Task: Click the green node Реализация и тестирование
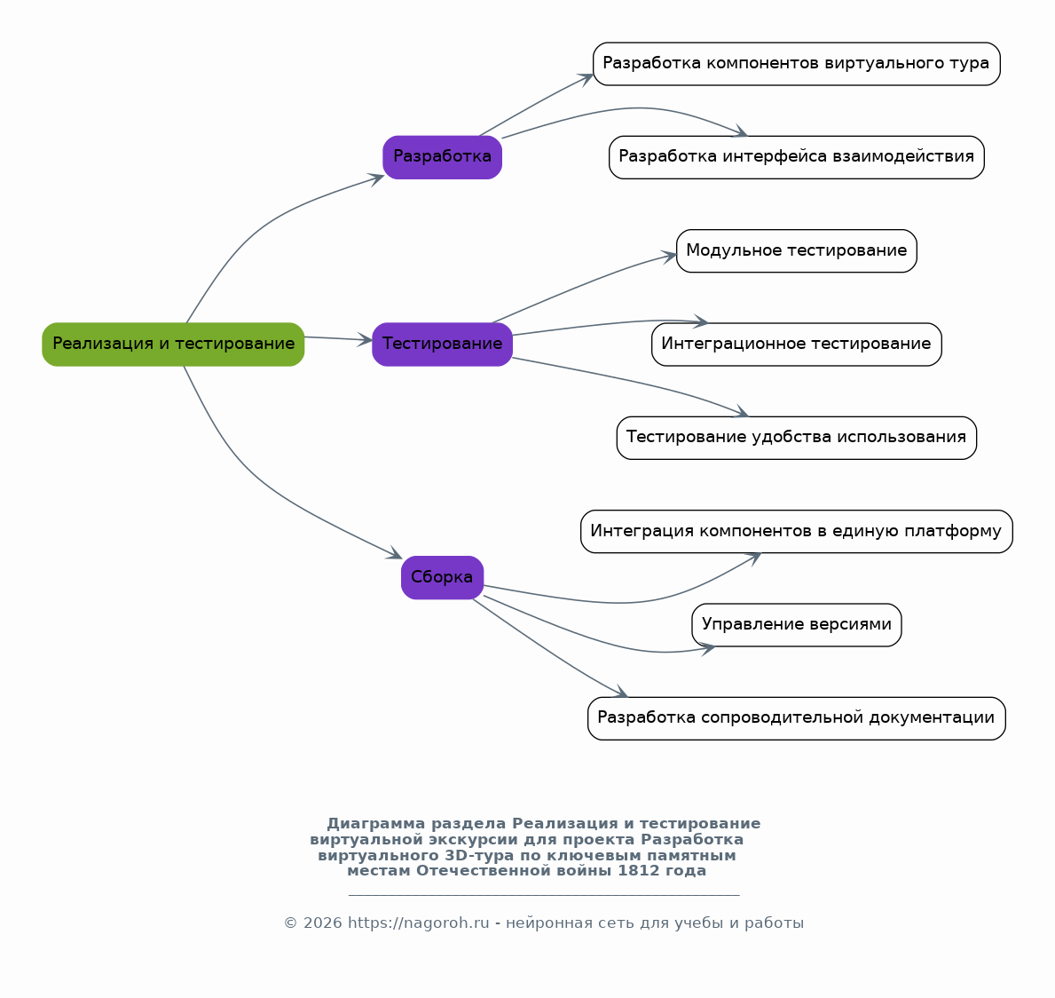tap(173, 345)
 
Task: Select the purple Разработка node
tap(442, 157)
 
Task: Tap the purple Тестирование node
tap(442, 345)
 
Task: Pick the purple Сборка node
tap(442, 577)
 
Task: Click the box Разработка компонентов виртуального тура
tap(796, 64)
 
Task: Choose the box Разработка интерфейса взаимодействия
tap(796, 157)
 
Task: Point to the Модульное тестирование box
tap(796, 250)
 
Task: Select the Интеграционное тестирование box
tap(796, 345)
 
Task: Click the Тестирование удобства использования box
tap(796, 438)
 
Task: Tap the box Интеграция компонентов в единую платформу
tap(796, 531)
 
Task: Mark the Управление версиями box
tap(796, 625)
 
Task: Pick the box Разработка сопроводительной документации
tap(796, 718)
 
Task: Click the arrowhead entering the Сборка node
tap(395, 554)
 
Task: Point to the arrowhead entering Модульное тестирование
tap(669, 256)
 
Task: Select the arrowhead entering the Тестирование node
tap(364, 340)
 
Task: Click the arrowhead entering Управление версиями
tap(706, 648)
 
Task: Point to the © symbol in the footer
tap(291, 923)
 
